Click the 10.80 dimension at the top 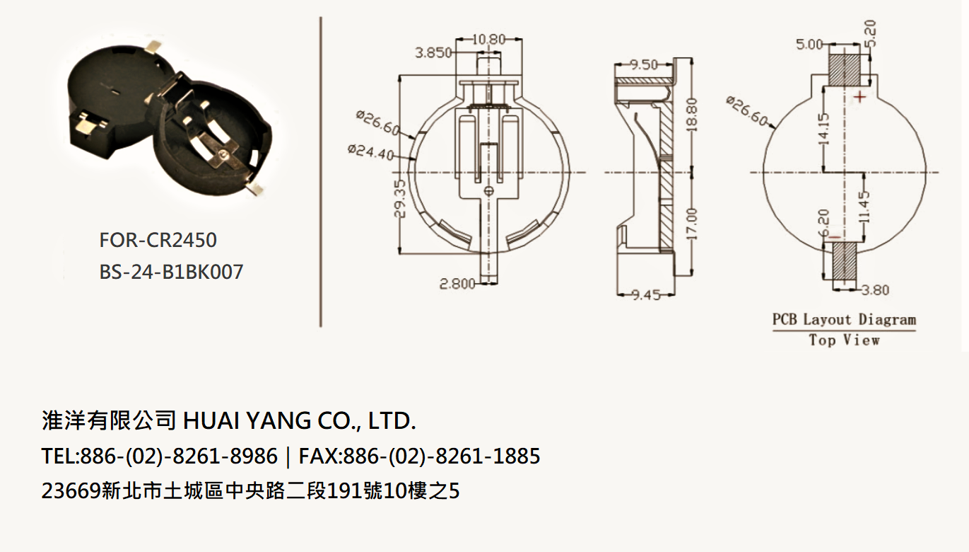488,40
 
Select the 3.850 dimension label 433,53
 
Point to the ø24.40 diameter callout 371,152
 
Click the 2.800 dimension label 458,284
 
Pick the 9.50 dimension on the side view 644,65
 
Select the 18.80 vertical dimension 691,115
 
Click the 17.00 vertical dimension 691,224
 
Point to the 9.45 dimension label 646,295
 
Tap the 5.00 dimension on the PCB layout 809,44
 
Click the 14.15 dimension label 823,129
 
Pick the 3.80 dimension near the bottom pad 875,289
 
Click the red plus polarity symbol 860,97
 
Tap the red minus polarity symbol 835,236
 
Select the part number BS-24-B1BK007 171,272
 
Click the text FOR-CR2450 158,240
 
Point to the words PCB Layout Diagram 845,320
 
